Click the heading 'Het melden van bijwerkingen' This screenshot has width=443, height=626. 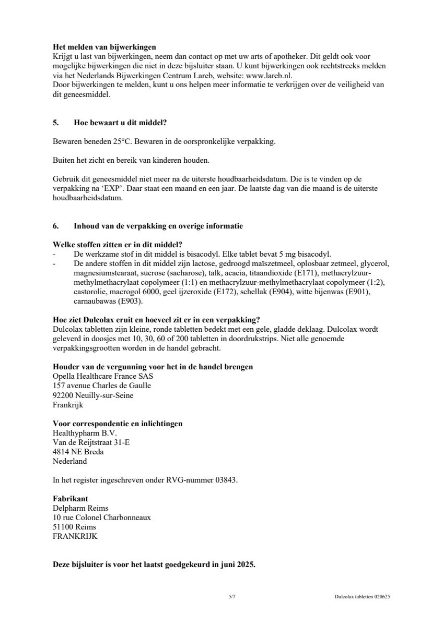(x=104, y=47)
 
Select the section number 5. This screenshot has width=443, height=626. (x=55, y=123)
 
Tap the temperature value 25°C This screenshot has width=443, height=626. (x=111, y=142)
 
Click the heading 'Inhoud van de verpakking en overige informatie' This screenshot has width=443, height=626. (x=158, y=226)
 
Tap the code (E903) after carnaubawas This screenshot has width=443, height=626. (x=130, y=302)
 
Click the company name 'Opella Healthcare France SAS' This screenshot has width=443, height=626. (x=103, y=376)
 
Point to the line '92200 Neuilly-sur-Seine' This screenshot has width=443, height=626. (x=93, y=395)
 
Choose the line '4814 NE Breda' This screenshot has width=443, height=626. (x=78, y=452)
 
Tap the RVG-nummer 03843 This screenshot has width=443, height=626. (x=225, y=480)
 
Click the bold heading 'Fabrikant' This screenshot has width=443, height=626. (x=71, y=499)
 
